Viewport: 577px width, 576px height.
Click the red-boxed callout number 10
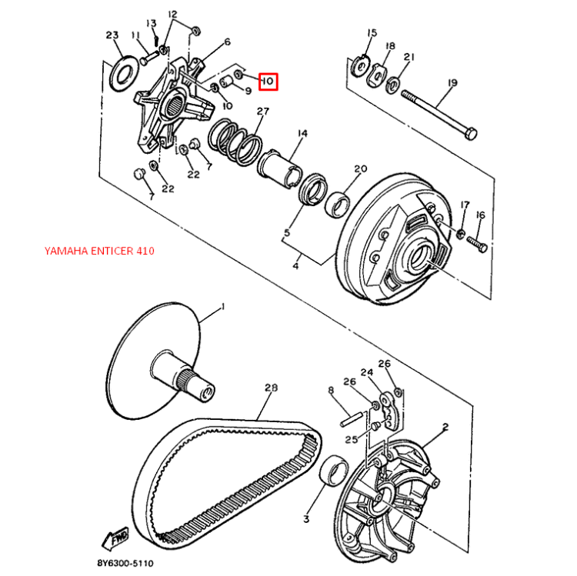click(x=267, y=81)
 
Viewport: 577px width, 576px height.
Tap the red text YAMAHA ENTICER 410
click(x=99, y=251)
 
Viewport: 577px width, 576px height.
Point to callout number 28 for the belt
click(x=269, y=388)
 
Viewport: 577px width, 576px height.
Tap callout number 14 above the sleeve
click(x=302, y=133)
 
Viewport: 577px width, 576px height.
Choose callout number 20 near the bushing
click(x=360, y=168)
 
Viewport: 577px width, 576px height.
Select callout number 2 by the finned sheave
click(x=445, y=427)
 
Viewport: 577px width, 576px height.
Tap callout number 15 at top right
click(x=372, y=32)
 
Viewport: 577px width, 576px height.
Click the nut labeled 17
click(x=460, y=233)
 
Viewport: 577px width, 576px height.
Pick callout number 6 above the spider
click(x=227, y=42)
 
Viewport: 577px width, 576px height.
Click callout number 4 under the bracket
click(x=295, y=266)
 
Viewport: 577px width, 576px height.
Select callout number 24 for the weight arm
click(x=366, y=373)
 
